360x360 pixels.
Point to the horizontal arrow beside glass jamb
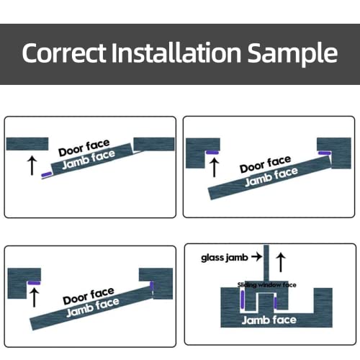click(258, 256)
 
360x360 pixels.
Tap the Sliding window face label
click(267, 285)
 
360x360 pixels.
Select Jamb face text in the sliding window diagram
click(269, 320)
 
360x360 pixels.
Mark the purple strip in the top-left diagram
click(47, 174)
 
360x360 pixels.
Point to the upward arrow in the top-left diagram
click(30, 164)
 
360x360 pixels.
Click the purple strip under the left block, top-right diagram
click(213, 153)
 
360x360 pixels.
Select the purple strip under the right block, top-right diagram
click(323, 153)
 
